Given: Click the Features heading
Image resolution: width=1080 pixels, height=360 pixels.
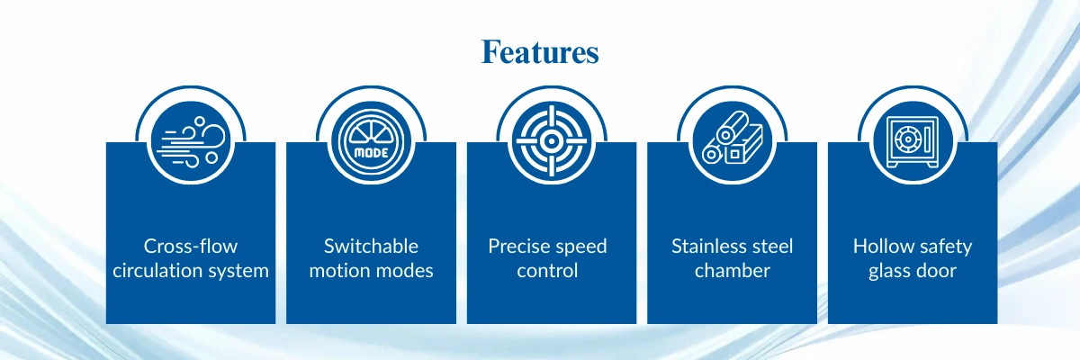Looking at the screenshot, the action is [540, 52].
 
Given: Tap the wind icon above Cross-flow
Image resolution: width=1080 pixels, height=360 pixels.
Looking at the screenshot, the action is [192, 142].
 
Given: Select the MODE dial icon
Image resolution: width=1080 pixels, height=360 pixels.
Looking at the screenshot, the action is [371, 141].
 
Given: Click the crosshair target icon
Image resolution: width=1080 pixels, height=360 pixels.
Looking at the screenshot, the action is [552, 141].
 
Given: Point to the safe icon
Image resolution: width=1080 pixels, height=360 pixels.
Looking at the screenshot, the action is [913, 141].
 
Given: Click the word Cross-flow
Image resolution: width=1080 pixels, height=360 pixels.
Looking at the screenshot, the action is [191, 247].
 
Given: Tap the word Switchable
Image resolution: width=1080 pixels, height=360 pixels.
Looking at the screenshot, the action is [371, 247].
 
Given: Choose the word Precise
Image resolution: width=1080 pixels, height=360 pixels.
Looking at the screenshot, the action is [517, 247].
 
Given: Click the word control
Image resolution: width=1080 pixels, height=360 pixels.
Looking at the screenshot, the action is [547, 270].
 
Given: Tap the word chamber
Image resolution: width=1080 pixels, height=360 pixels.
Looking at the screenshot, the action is [733, 270].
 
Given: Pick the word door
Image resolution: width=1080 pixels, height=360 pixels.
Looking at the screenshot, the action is [937, 270].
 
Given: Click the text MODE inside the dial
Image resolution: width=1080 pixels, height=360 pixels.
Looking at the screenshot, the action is [371, 153].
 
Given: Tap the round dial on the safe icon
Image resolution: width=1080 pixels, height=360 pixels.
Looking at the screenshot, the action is [908, 139].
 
